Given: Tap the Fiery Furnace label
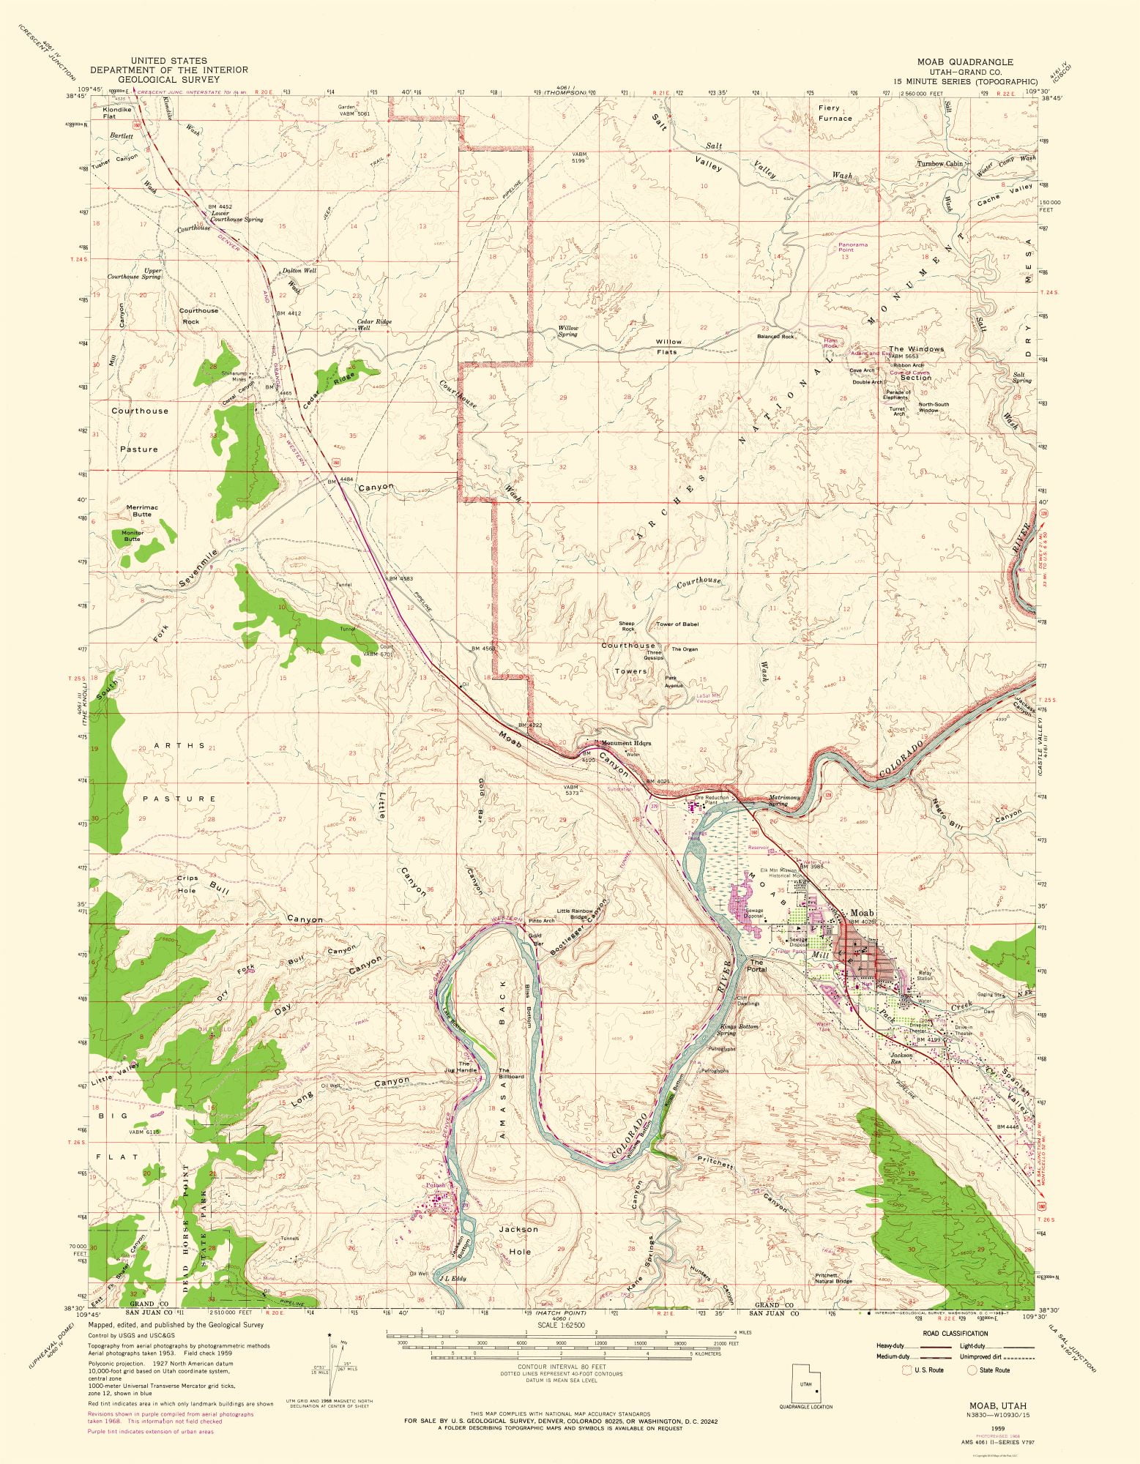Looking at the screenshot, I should tap(835, 113).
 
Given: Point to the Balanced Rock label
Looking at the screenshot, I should tap(776, 337).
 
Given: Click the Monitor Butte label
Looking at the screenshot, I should tap(133, 536).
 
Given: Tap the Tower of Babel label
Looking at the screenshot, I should tap(677, 624).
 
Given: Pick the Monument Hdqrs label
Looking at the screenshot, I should tap(622, 743).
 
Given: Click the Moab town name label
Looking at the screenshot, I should tap(862, 913).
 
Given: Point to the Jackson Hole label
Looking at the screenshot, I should tap(518, 1240).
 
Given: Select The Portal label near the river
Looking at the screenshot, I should tap(756, 966).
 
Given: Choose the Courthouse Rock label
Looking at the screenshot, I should tap(198, 315).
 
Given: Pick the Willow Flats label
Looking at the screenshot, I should tap(668, 346).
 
